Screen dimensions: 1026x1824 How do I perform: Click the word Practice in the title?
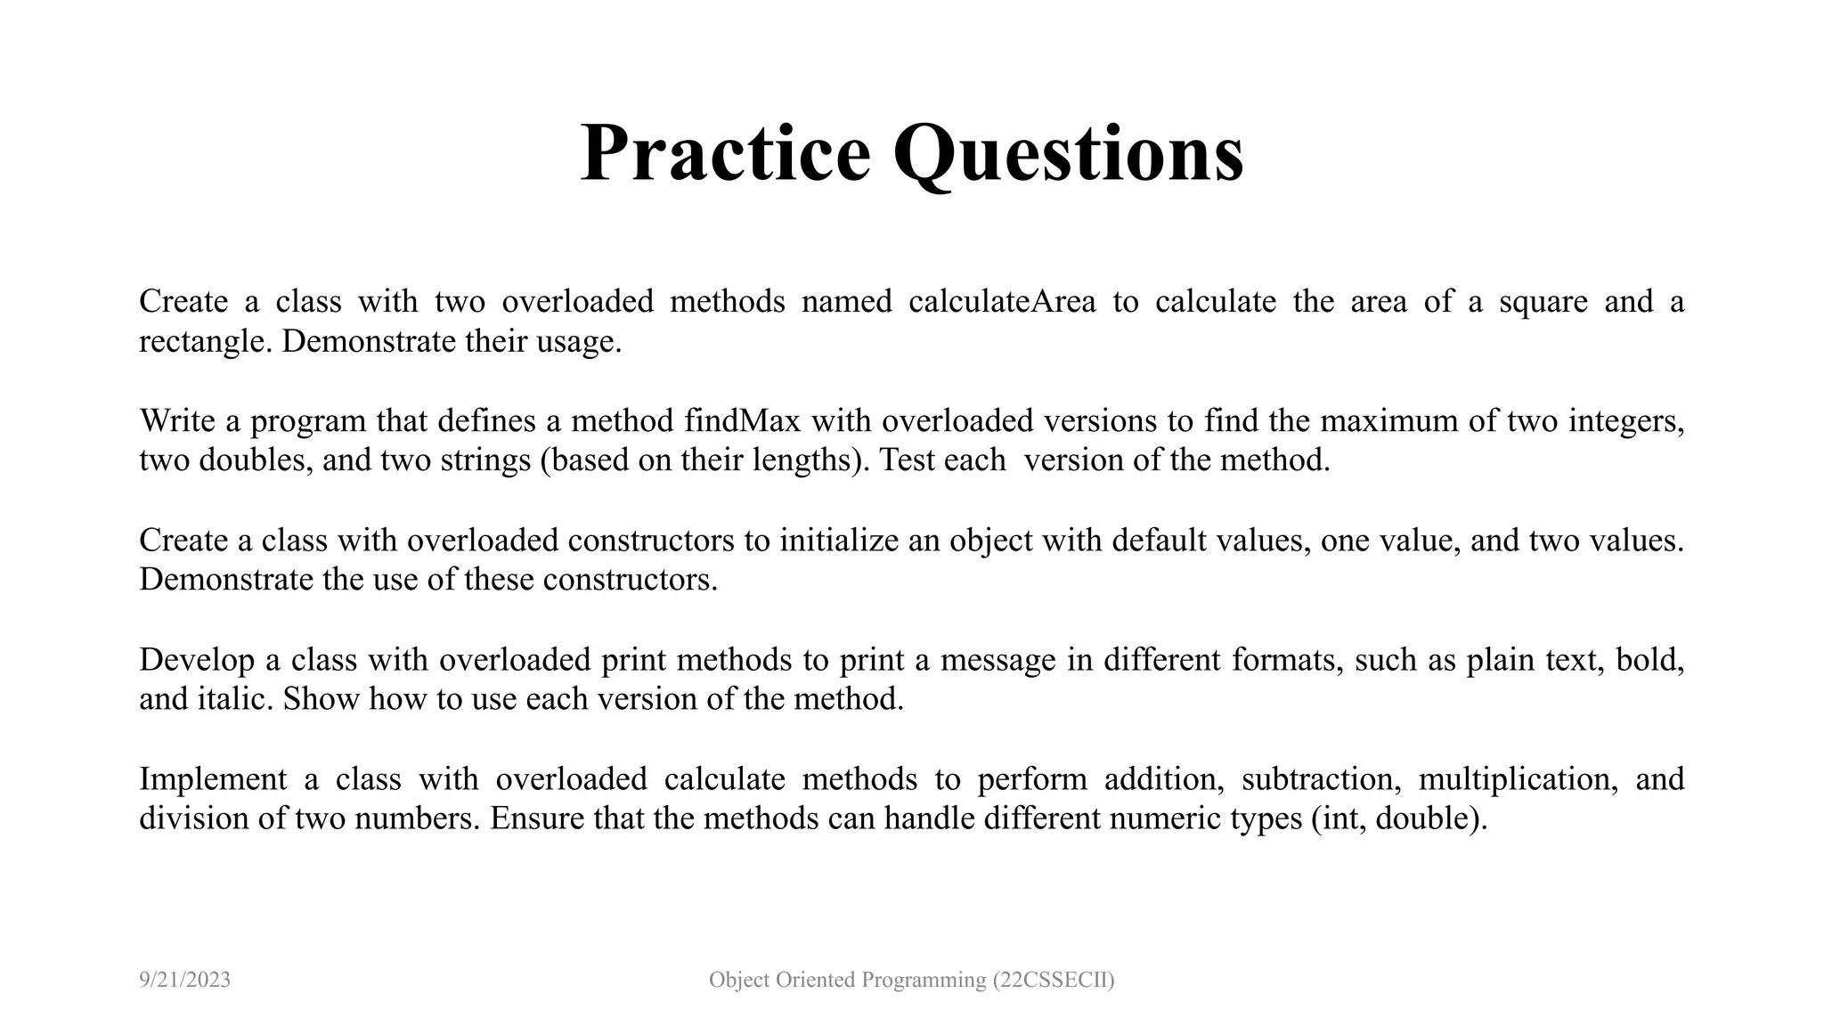pos(725,153)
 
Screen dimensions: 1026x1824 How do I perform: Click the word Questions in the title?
pos(1069,153)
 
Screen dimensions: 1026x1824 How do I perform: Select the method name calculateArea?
pos(1002,302)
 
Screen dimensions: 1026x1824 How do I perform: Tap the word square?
pos(1543,302)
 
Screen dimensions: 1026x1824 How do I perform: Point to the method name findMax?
pos(743,420)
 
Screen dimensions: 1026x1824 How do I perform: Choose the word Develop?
pos(197,660)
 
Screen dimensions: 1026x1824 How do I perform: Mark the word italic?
pos(234,699)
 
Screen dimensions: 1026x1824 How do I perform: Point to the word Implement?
pos(213,779)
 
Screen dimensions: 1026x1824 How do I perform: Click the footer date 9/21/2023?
pos(185,981)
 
